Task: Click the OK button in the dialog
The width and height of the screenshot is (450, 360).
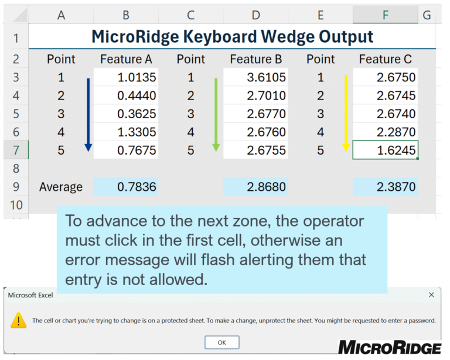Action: [222, 342]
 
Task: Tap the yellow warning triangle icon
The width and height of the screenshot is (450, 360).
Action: [19, 320]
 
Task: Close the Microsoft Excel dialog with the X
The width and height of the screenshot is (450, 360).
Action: [431, 294]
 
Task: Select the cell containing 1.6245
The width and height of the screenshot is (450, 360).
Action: [386, 150]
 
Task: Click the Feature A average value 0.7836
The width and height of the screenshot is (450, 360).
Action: [126, 187]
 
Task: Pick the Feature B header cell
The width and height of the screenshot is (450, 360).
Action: [255, 59]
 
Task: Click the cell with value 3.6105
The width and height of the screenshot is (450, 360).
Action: [255, 77]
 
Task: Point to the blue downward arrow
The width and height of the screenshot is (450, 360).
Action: [88, 115]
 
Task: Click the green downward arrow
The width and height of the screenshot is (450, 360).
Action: [216, 115]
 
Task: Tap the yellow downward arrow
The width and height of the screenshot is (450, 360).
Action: [346, 113]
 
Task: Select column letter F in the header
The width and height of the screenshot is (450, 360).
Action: [386, 15]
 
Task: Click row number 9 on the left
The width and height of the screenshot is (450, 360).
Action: [16, 187]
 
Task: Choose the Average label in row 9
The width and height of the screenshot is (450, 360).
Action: [61, 187]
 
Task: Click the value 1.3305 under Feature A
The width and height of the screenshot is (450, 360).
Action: [126, 132]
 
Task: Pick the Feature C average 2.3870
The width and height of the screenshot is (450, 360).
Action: [386, 187]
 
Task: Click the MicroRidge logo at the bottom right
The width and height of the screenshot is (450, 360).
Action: [390, 348]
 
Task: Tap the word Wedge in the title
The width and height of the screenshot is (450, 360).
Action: [288, 37]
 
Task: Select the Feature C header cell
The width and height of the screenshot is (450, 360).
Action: [386, 59]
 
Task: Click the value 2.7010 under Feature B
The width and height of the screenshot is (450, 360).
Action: [255, 95]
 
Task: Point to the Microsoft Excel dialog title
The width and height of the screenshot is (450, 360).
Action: [30, 295]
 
